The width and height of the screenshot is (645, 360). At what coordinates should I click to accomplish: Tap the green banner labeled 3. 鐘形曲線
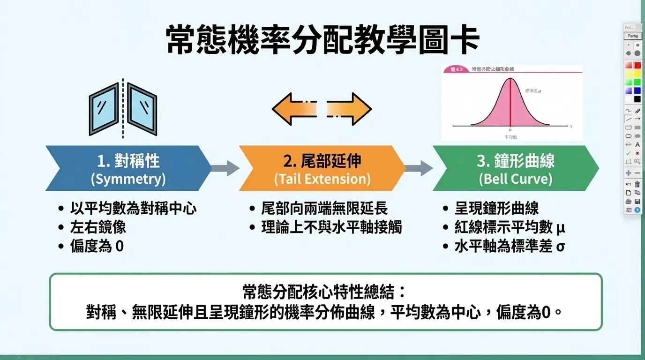point(515,168)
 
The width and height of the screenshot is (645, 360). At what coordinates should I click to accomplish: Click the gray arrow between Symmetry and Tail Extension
point(225,168)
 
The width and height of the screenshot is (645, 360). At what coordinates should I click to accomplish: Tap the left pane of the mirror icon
point(104,109)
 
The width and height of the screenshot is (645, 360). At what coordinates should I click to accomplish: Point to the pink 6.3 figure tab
point(456,69)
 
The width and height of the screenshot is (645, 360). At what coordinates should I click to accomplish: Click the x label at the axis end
point(570,127)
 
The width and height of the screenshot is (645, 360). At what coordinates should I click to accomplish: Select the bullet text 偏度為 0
point(97,246)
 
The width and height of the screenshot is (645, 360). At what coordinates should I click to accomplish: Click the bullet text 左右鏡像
point(98,227)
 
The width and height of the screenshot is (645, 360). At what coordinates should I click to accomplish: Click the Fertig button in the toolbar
point(632,36)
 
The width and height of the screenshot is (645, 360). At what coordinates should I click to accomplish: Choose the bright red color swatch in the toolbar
point(637,65)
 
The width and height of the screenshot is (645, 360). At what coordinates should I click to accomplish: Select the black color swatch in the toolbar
point(637,99)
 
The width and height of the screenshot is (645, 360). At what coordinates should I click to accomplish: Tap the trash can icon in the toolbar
point(637,184)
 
